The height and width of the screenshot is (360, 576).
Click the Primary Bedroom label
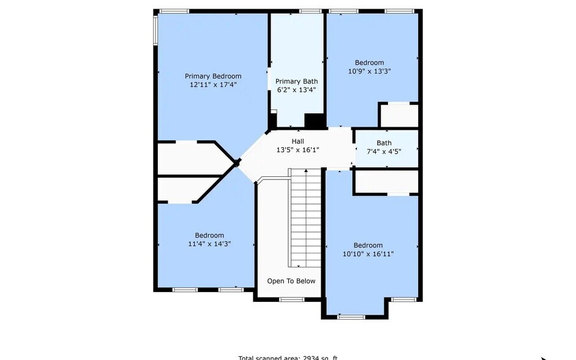213,76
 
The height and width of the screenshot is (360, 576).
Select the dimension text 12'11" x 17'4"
213,85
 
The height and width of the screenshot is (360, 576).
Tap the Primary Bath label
296,81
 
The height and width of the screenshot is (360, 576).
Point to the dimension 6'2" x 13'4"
296,90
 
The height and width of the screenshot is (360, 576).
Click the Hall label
297,141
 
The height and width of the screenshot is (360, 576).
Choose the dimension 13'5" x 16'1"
297,150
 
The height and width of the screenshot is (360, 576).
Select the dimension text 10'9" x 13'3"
370,71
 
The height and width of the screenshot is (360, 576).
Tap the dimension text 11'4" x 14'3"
209,244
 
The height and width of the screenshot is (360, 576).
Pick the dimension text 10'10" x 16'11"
368,253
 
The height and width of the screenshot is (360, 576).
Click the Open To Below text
291,281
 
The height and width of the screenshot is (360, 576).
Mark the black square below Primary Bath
314,121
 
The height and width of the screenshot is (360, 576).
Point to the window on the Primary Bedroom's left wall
155,29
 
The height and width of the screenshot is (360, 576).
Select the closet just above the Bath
398,116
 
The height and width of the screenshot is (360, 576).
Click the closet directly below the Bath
386,182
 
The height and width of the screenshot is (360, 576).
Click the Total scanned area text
288,357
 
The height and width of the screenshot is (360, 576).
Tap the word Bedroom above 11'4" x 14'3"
209,235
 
